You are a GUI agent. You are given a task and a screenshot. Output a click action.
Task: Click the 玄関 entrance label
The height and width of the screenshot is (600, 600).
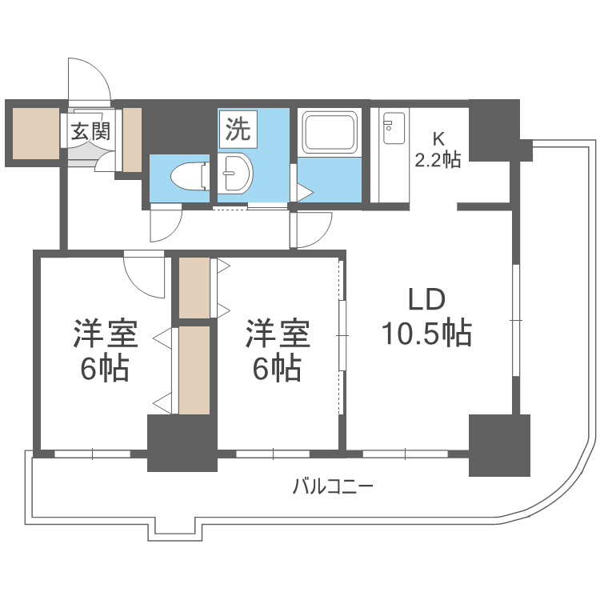coord(90,131)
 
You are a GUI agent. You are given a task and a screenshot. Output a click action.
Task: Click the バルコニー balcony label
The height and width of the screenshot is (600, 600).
coord(333,486)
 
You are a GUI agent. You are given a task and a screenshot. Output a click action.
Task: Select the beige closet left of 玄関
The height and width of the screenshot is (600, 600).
coord(34,132)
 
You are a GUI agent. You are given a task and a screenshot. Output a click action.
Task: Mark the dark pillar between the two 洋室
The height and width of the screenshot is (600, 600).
coord(182,442)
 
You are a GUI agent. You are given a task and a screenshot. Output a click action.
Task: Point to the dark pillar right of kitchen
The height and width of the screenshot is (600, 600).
coord(494,128)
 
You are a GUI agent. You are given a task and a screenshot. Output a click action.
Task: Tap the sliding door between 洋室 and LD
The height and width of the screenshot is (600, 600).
coord(342,336)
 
